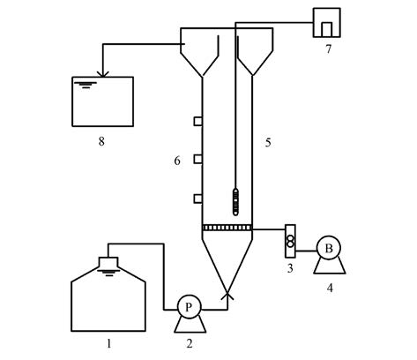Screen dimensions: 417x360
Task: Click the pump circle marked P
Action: (189, 307)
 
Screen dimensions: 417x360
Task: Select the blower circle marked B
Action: (329, 248)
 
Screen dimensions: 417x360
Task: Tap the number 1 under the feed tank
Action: (109, 343)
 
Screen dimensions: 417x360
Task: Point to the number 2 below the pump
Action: (190, 343)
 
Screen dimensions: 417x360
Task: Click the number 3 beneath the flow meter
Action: (290, 268)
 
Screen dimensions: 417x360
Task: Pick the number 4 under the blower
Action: (330, 288)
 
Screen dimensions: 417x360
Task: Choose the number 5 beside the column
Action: (268, 143)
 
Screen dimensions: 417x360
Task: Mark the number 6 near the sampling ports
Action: (177, 161)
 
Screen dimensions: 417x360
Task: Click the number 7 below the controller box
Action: (328, 49)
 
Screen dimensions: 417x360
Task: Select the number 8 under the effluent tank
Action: (101, 142)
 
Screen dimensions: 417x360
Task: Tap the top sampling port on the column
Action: (197, 121)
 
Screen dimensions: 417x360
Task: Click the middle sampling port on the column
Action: (197, 159)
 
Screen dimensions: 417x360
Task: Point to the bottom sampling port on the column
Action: (197, 199)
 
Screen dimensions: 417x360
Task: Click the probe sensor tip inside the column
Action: (235, 202)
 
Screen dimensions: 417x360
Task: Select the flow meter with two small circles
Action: (290, 241)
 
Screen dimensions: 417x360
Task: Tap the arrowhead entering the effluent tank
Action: (103, 74)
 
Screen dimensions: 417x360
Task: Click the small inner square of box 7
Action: (327, 30)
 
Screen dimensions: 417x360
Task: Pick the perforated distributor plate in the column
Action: (227, 228)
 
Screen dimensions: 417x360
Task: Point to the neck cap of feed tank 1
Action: (108, 262)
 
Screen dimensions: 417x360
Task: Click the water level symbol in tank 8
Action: (86, 85)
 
